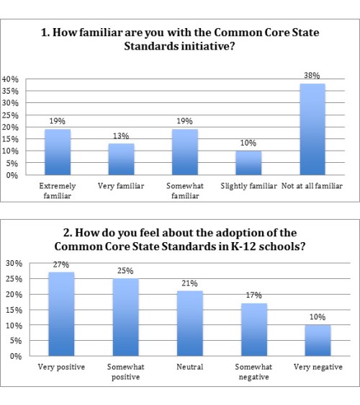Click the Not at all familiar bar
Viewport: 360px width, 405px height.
312,130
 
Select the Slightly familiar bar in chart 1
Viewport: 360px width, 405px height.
248,163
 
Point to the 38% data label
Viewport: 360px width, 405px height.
312,76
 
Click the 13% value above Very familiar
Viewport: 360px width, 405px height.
121,136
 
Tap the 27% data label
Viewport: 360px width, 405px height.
61,265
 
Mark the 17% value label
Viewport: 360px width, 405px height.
253,295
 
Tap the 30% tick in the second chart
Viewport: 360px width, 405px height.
14,263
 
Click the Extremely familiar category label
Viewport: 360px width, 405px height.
58,190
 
